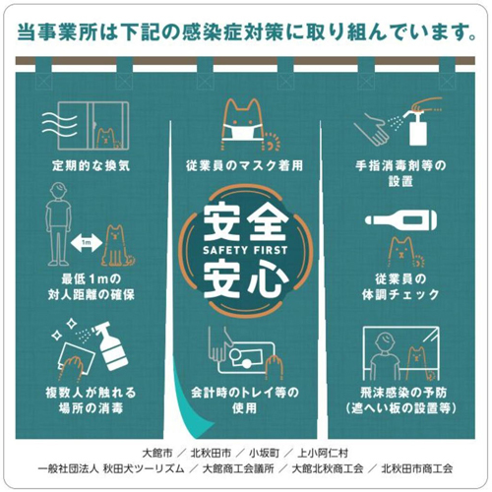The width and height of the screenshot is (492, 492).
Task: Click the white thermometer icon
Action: pos(400,220)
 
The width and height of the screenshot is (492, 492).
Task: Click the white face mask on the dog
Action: pos(243,132)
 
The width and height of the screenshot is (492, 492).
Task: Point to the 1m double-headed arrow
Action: pos(87,243)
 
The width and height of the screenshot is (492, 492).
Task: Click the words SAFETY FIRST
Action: pos(245,251)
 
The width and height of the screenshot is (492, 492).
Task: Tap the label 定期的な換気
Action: pos(91,165)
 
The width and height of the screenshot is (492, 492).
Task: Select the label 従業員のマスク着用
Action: pos(244,165)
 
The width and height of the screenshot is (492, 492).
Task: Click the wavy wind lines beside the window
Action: pos(60,123)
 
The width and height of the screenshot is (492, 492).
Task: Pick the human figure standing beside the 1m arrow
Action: pos(59,224)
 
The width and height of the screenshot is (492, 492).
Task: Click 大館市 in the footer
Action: pos(157,454)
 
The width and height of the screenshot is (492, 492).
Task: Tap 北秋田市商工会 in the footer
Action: pos(416,468)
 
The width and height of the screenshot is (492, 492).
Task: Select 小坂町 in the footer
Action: pos(264,454)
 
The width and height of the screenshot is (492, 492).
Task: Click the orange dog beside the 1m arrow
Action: pos(117,245)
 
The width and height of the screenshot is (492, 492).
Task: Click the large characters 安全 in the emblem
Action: pos(245,221)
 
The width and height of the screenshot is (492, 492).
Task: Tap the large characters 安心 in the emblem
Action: pos(245,278)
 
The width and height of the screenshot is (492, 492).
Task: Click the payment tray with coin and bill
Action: pos(246,357)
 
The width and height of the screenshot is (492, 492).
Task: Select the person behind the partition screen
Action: pos(385,356)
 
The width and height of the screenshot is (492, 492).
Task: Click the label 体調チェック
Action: pos(400,294)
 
